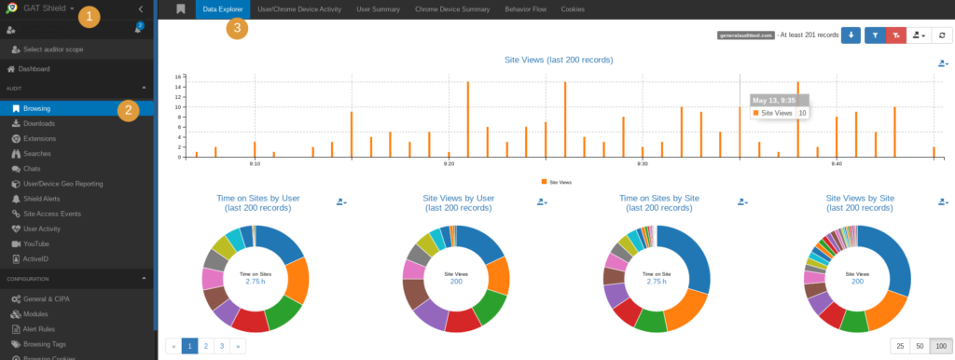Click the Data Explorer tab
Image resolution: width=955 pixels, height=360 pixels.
(x=223, y=9)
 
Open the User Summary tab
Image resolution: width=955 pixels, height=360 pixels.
(x=378, y=9)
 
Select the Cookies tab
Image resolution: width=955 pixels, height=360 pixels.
(x=573, y=9)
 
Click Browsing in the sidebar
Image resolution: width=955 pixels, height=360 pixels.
(x=37, y=108)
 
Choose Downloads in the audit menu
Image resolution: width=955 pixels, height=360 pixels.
(x=39, y=123)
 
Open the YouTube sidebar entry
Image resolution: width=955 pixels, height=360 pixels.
(x=37, y=243)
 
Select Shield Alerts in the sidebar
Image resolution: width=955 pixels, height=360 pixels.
(x=43, y=199)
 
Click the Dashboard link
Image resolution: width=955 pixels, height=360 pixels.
(x=34, y=69)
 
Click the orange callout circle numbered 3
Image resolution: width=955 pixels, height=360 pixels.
(x=239, y=27)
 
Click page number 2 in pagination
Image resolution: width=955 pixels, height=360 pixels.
(x=205, y=345)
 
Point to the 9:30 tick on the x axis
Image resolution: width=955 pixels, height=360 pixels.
(x=642, y=163)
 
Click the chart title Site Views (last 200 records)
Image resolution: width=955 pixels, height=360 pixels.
(x=558, y=60)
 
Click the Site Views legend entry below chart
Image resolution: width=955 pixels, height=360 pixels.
(x=558, y=183)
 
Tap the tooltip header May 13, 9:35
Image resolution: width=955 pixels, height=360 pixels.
(x=773, y=100)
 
